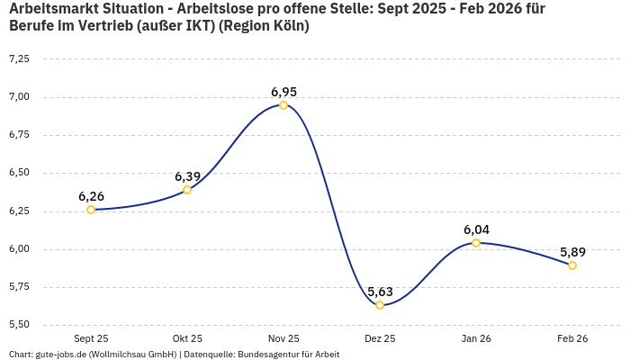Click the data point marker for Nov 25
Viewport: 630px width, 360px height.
point(283,105)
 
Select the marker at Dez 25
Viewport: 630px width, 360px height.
point(380,305)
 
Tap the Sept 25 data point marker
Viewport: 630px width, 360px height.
point(91,210)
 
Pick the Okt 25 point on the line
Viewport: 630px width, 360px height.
point(187,190)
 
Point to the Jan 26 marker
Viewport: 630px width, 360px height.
point(476,243)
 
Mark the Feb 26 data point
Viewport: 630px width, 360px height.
point(572,265)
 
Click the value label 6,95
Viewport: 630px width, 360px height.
point(283,92)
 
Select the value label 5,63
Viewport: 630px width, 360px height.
point(380,292)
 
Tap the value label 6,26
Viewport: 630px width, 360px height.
point(91,196)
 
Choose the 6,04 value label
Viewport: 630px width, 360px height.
point(476,229)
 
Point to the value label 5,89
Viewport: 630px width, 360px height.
point(572,252)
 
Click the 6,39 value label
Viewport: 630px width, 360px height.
point(187,176)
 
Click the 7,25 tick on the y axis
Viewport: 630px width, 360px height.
point(19,58)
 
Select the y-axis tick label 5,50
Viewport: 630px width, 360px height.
point(19,325)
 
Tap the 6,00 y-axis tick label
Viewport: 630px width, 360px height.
point(19,249)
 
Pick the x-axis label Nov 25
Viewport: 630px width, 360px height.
point(283,338)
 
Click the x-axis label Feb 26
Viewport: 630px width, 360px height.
point(572,338)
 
